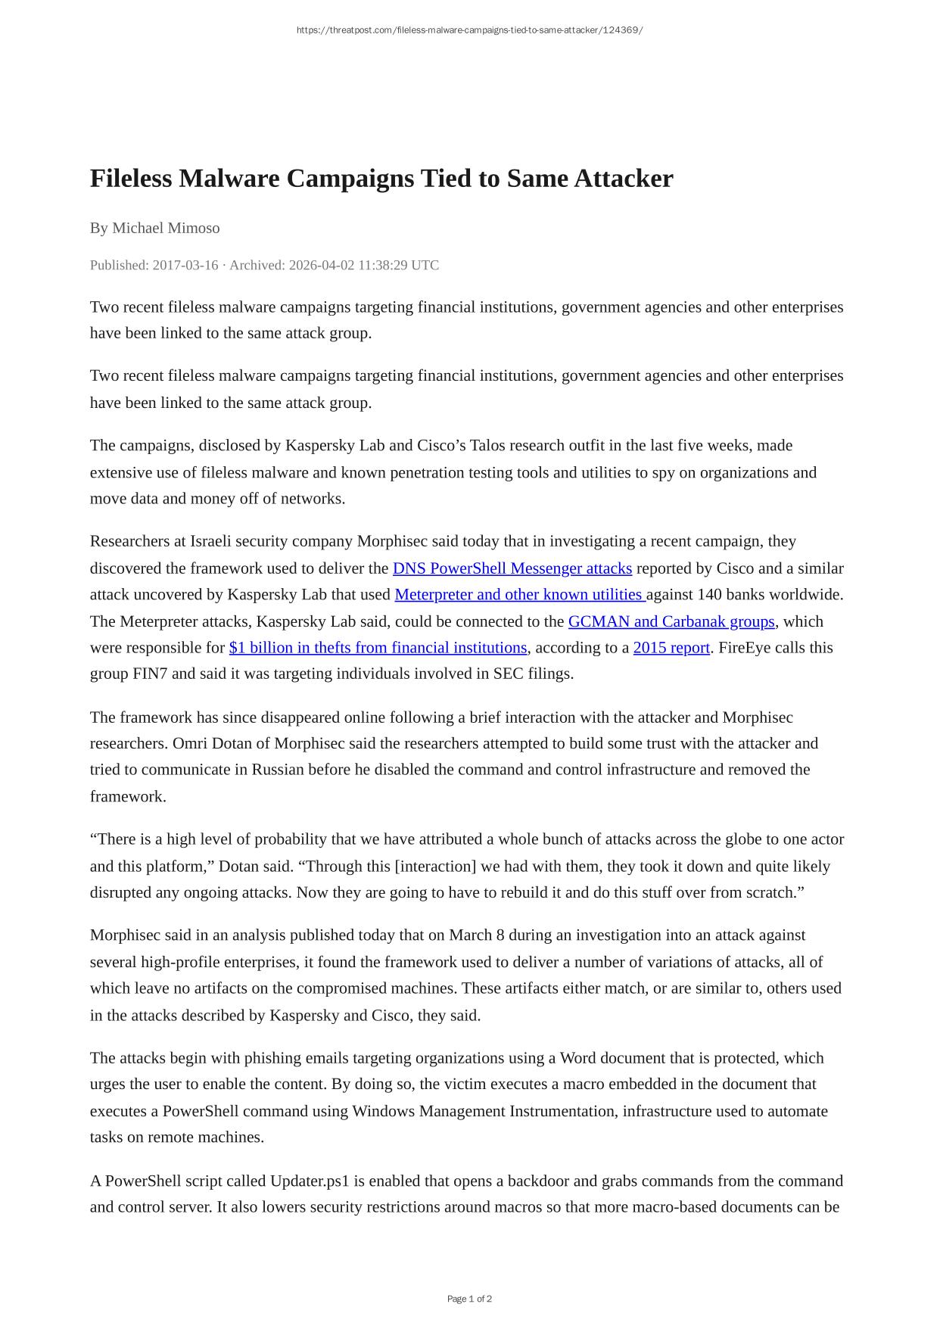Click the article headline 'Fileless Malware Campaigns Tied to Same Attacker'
(x=381, y=179)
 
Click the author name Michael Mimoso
(x=166, y=228)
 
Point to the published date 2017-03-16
(x=185, y=265)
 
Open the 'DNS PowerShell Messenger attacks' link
(x=512, y=568)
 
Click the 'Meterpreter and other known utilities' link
(x=519, y=595)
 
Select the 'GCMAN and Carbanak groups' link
(x=671, y=621)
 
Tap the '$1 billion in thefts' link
(x=378, y=648)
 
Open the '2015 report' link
(x=671, y=648)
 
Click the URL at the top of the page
(x=469, y=30)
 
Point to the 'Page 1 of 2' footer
(x=469, y=1299)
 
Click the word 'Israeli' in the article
(x=213, y=541)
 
